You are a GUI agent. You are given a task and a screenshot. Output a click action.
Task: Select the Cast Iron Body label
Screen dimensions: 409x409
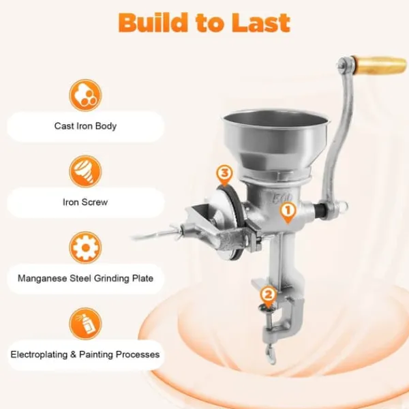pos(85,126)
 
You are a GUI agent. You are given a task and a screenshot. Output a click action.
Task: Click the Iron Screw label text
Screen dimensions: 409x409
pos(85,202)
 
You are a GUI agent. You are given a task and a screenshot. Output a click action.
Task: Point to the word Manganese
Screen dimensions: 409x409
pos(42,278)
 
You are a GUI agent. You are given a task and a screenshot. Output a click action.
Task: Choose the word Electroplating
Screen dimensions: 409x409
pos(39,354)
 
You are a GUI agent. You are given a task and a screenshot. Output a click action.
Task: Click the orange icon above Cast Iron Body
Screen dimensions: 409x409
pos(85,95)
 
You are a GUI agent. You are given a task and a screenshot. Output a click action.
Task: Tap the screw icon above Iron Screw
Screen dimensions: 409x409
pos(85,171)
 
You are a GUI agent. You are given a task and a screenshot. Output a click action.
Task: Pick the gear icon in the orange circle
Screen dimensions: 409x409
pos(85,247)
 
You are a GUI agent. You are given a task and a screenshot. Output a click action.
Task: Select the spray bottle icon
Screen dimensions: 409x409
pos(85,324)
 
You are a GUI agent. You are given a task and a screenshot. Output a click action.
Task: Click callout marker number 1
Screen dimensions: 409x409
pos(288,213)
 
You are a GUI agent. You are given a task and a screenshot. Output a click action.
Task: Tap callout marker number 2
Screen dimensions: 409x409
pos(268,297)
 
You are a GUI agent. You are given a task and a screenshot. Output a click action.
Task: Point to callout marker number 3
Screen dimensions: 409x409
pos(224,175)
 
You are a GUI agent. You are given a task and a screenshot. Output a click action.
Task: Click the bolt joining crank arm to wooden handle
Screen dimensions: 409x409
pos(343,64)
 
